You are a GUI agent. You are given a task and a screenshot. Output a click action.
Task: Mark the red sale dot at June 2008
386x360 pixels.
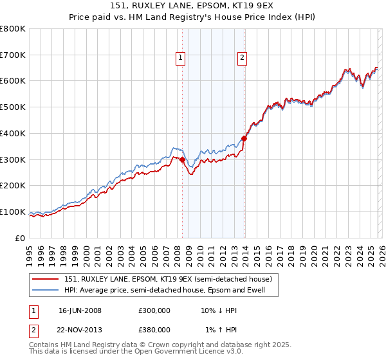pos(182,159)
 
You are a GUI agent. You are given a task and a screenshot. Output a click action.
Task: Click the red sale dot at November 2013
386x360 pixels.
pos(244,138)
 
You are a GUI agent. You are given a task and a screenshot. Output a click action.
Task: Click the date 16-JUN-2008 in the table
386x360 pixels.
pos(80,310)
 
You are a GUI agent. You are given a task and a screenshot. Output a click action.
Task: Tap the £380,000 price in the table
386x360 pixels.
pos(154,330)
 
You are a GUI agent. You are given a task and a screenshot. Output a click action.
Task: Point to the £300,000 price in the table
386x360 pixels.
pos(154,310)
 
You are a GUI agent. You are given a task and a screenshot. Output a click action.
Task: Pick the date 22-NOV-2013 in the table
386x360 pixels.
pos(80,330)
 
